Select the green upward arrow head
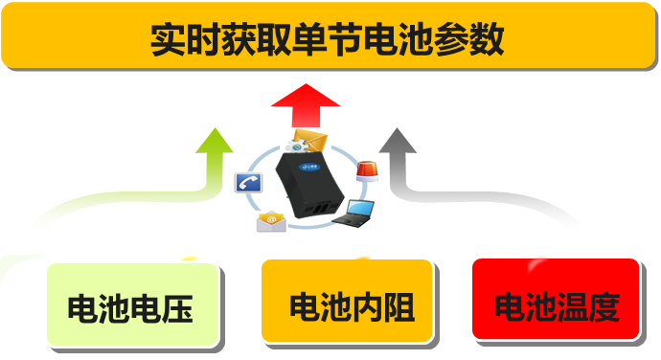tap(215, 141)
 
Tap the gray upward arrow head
tap(395, 141)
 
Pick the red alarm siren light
tap(366, 173)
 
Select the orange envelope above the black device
tap(311, 141)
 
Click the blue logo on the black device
tap(311, 164)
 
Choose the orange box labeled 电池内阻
tap(350, 304)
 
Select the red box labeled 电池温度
tap(556, 304)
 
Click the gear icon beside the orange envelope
tap(297, 146)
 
